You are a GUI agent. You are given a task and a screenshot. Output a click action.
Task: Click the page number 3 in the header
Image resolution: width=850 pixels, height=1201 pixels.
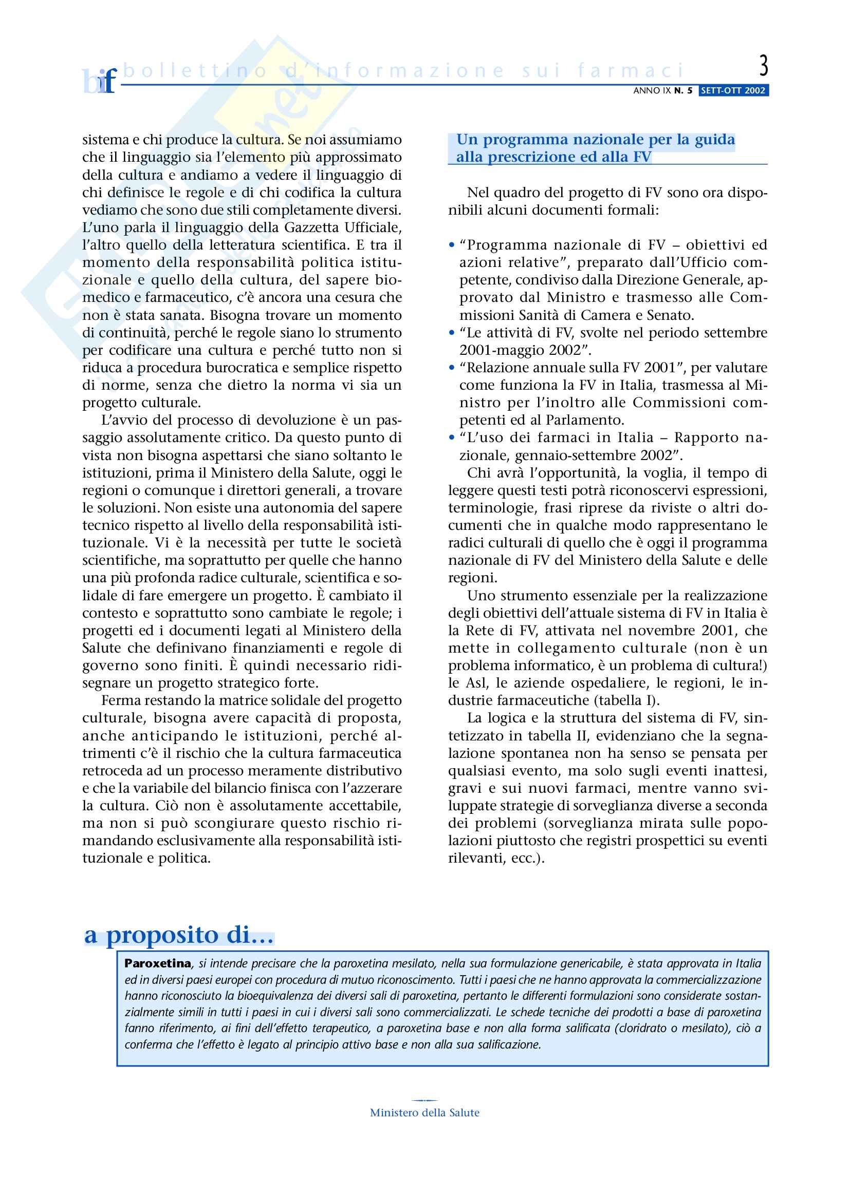(x=764, y=66)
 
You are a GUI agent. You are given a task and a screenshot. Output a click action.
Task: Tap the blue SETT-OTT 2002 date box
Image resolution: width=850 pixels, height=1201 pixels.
(x=733, y=90)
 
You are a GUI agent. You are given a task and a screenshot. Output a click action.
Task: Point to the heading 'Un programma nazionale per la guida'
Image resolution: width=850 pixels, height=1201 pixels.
(x=595, y=140)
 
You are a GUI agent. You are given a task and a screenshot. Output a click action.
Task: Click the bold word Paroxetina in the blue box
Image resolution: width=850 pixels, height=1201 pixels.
(x=158, y=963)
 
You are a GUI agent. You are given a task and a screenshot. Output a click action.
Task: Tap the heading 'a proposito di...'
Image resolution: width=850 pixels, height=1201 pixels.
(x=179, y=935)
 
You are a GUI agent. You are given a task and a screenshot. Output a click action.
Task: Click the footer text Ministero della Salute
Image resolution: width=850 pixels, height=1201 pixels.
(x=424, y=1113)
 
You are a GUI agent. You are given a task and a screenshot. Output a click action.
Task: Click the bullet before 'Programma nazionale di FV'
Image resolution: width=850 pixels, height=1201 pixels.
(x=452, y=245)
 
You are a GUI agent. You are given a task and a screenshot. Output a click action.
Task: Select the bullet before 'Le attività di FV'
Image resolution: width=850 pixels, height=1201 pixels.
(x=452, y=333)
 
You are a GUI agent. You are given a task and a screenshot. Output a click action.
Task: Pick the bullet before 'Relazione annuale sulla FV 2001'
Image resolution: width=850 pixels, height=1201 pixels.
(x=452, y=368)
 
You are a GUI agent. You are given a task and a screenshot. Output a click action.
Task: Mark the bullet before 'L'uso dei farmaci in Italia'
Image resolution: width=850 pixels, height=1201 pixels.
(x=452, y=438)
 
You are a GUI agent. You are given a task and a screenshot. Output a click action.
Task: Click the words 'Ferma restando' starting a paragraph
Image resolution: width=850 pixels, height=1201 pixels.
(x=138, y=700)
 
